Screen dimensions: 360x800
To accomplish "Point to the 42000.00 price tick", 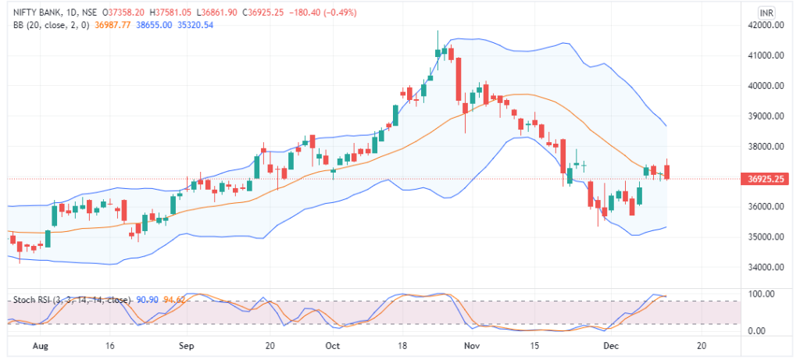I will coord(764,25).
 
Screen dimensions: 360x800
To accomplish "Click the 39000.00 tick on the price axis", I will coord(764,116).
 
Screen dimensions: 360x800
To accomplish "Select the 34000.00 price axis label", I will coord(764,267).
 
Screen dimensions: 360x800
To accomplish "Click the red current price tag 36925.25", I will coord(766,179).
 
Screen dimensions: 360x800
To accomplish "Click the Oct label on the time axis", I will coord(331,345).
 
